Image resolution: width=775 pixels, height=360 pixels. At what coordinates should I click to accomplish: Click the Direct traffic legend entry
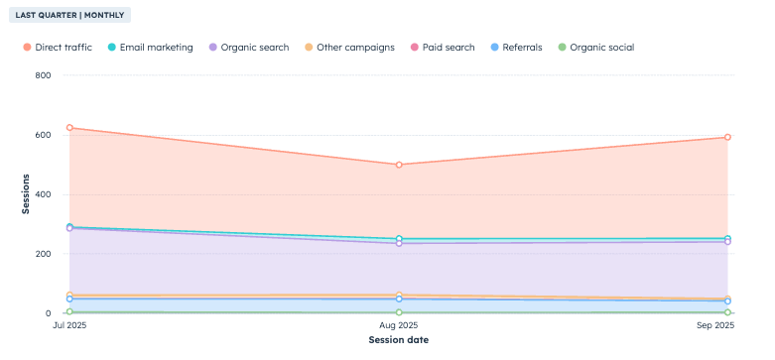[x=61, y=48]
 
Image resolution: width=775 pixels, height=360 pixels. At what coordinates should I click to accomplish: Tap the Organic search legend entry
[x=256, y=48]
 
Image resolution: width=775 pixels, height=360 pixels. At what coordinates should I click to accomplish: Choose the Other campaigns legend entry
[x=354, y=48]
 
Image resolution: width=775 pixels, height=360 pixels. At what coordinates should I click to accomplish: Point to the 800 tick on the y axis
[x=42, y=75]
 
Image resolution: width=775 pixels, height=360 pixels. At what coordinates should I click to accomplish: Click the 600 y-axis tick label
[x=42, y=135]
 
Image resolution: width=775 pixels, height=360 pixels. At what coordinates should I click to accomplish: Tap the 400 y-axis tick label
[x=42, y=194]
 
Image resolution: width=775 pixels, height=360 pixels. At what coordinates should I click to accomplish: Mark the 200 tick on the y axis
[x=42, y=254]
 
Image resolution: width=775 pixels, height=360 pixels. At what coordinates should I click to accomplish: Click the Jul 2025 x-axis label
[x=68, y=325]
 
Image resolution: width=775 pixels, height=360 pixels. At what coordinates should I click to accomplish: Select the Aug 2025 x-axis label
[x=398, y=325]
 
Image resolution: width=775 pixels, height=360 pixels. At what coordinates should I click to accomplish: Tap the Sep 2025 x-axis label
[x=727, y=325]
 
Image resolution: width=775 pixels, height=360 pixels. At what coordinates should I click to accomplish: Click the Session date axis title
[x=398, y=340]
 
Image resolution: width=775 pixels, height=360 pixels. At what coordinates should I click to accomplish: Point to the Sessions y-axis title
[x=26, y=194]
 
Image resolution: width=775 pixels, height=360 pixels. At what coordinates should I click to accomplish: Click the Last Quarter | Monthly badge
[x=70, y=16]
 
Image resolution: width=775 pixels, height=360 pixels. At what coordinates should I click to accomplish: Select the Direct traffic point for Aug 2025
[x=399, y=165]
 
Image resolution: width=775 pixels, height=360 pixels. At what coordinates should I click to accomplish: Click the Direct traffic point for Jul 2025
[x=69, y=128]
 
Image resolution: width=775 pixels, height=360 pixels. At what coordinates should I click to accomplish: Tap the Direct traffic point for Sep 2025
[x=727, y=138]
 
